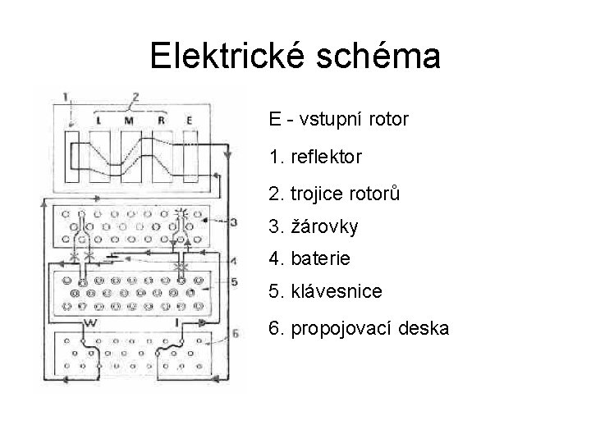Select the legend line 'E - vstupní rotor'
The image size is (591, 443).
[338, 120]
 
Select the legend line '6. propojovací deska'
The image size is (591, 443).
[358, 329]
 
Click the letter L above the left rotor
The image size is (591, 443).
[98, 121]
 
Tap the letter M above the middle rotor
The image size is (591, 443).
[129, 121]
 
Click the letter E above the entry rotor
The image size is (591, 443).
[189, 121]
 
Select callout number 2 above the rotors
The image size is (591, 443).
[135, 96]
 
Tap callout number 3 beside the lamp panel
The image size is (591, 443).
[233, 221]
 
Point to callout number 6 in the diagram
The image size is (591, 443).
[235, 333]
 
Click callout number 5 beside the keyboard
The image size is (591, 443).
[233, 282]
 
